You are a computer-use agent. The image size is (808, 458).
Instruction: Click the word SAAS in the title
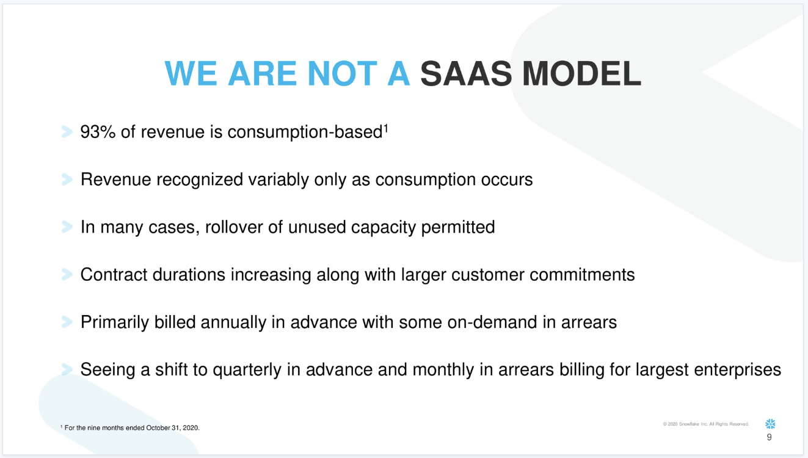click(466, 73)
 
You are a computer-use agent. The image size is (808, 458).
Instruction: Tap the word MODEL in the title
click(581, 73)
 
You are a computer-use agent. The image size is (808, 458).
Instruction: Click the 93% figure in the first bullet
click(98, 132)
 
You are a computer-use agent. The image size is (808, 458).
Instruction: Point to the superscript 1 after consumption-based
click(385, 128)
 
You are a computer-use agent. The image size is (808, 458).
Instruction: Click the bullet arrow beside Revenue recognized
click(67, 180)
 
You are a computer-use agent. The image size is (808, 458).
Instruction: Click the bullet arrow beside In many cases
click(67, 227)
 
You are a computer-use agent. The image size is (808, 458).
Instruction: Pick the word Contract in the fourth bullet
click(114, 275)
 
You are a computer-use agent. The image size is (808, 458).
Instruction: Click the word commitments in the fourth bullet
click(582, 275)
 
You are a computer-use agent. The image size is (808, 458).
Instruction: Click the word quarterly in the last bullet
click(247, 370)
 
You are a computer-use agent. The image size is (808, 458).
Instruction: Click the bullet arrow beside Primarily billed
click(67, 322)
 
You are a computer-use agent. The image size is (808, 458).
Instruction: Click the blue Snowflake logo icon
click(770, 424)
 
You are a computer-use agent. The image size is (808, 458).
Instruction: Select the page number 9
click(770, 437)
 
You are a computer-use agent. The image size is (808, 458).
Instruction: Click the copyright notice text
click(706, 424)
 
